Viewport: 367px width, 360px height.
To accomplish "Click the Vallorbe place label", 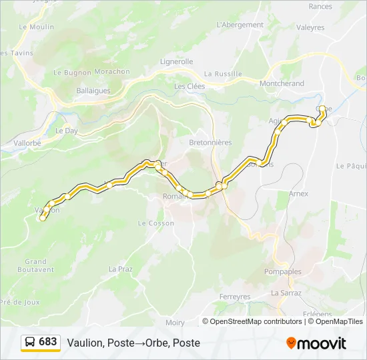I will (x=27, y=143).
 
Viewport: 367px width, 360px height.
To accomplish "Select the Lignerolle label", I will (x=176, y=61).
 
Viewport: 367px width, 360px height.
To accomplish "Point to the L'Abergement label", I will (x=240, y=25).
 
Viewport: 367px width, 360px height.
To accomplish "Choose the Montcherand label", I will (x=282, y=83).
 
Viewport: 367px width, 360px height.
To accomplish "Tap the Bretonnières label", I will (x=210, y=143).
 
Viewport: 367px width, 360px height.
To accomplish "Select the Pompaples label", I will (x=283, y=272).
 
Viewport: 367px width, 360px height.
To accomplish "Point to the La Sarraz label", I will (x=286, y=293).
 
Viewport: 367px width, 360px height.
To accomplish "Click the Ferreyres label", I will (x=235, y=296).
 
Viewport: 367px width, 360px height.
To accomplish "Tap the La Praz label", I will (x=121, y=269).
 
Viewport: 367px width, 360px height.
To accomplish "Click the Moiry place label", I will (x=175, y=323).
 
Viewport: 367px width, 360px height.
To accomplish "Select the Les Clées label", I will (x=190, y=86).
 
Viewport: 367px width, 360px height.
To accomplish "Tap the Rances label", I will (x=320, y=7).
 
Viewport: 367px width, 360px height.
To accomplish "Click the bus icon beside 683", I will (x=30, y=342).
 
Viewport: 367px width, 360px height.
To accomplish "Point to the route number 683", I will (x=48, y=342).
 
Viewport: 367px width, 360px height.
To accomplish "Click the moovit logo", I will (x=316, y=343).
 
